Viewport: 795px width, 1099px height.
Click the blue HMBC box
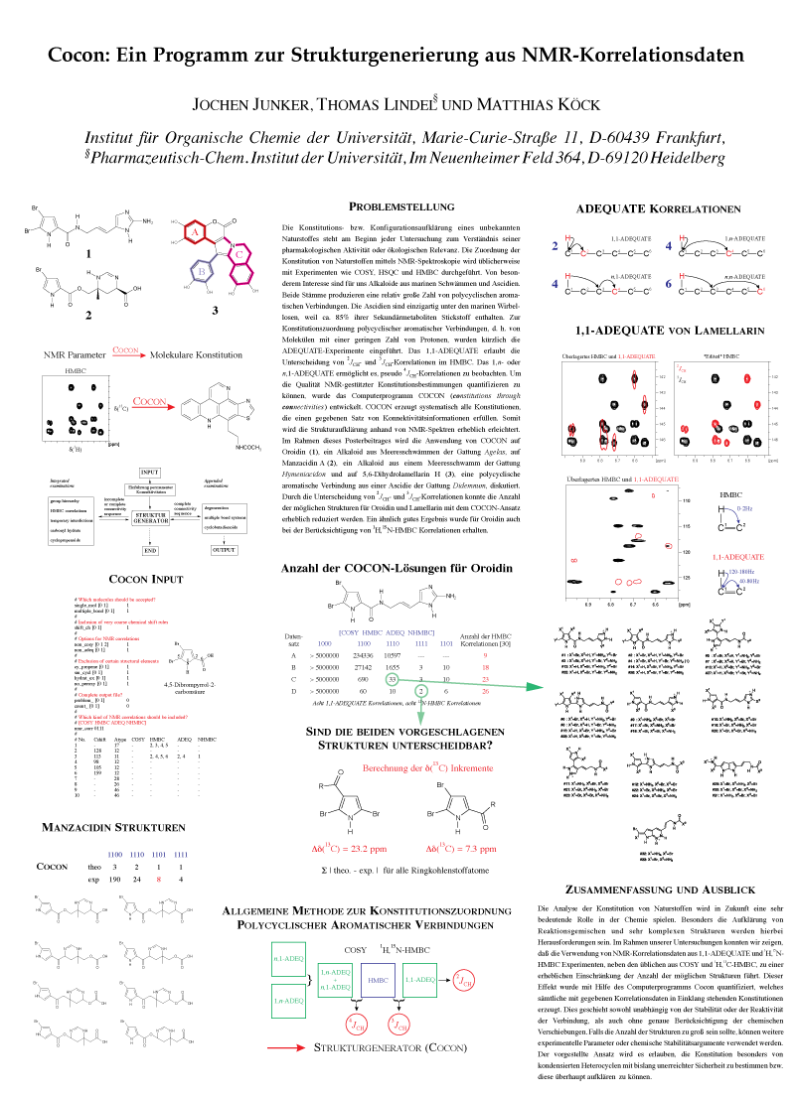point(378,980)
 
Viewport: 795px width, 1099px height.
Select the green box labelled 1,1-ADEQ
point(419,980)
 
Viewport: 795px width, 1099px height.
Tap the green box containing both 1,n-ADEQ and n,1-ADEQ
point(335,981)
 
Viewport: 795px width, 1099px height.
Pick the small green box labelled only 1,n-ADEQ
point(288,1001)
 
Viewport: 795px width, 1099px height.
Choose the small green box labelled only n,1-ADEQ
point(288,959)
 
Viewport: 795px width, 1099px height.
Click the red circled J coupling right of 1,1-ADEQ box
point(464,981)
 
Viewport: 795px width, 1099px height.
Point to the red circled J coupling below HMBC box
point(397,1024)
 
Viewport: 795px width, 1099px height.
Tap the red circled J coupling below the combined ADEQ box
point(356,1024)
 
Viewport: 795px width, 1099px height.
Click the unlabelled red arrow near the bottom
point(286,1047)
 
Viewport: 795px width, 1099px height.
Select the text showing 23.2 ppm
point(349,849)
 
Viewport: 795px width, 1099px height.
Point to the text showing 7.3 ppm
point(461,849)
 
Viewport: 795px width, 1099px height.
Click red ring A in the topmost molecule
point(197,232)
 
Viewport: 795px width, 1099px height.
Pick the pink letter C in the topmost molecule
point(238,254)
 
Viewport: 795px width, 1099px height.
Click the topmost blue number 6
point(669,284)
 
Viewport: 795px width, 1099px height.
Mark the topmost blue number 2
point(555,246)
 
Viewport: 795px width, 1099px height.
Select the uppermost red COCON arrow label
point(126,350)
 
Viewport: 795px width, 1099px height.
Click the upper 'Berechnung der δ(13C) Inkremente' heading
point(427,768)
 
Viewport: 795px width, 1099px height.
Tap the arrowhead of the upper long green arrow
point(535,687)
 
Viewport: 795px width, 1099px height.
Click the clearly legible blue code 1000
point(324,644)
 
